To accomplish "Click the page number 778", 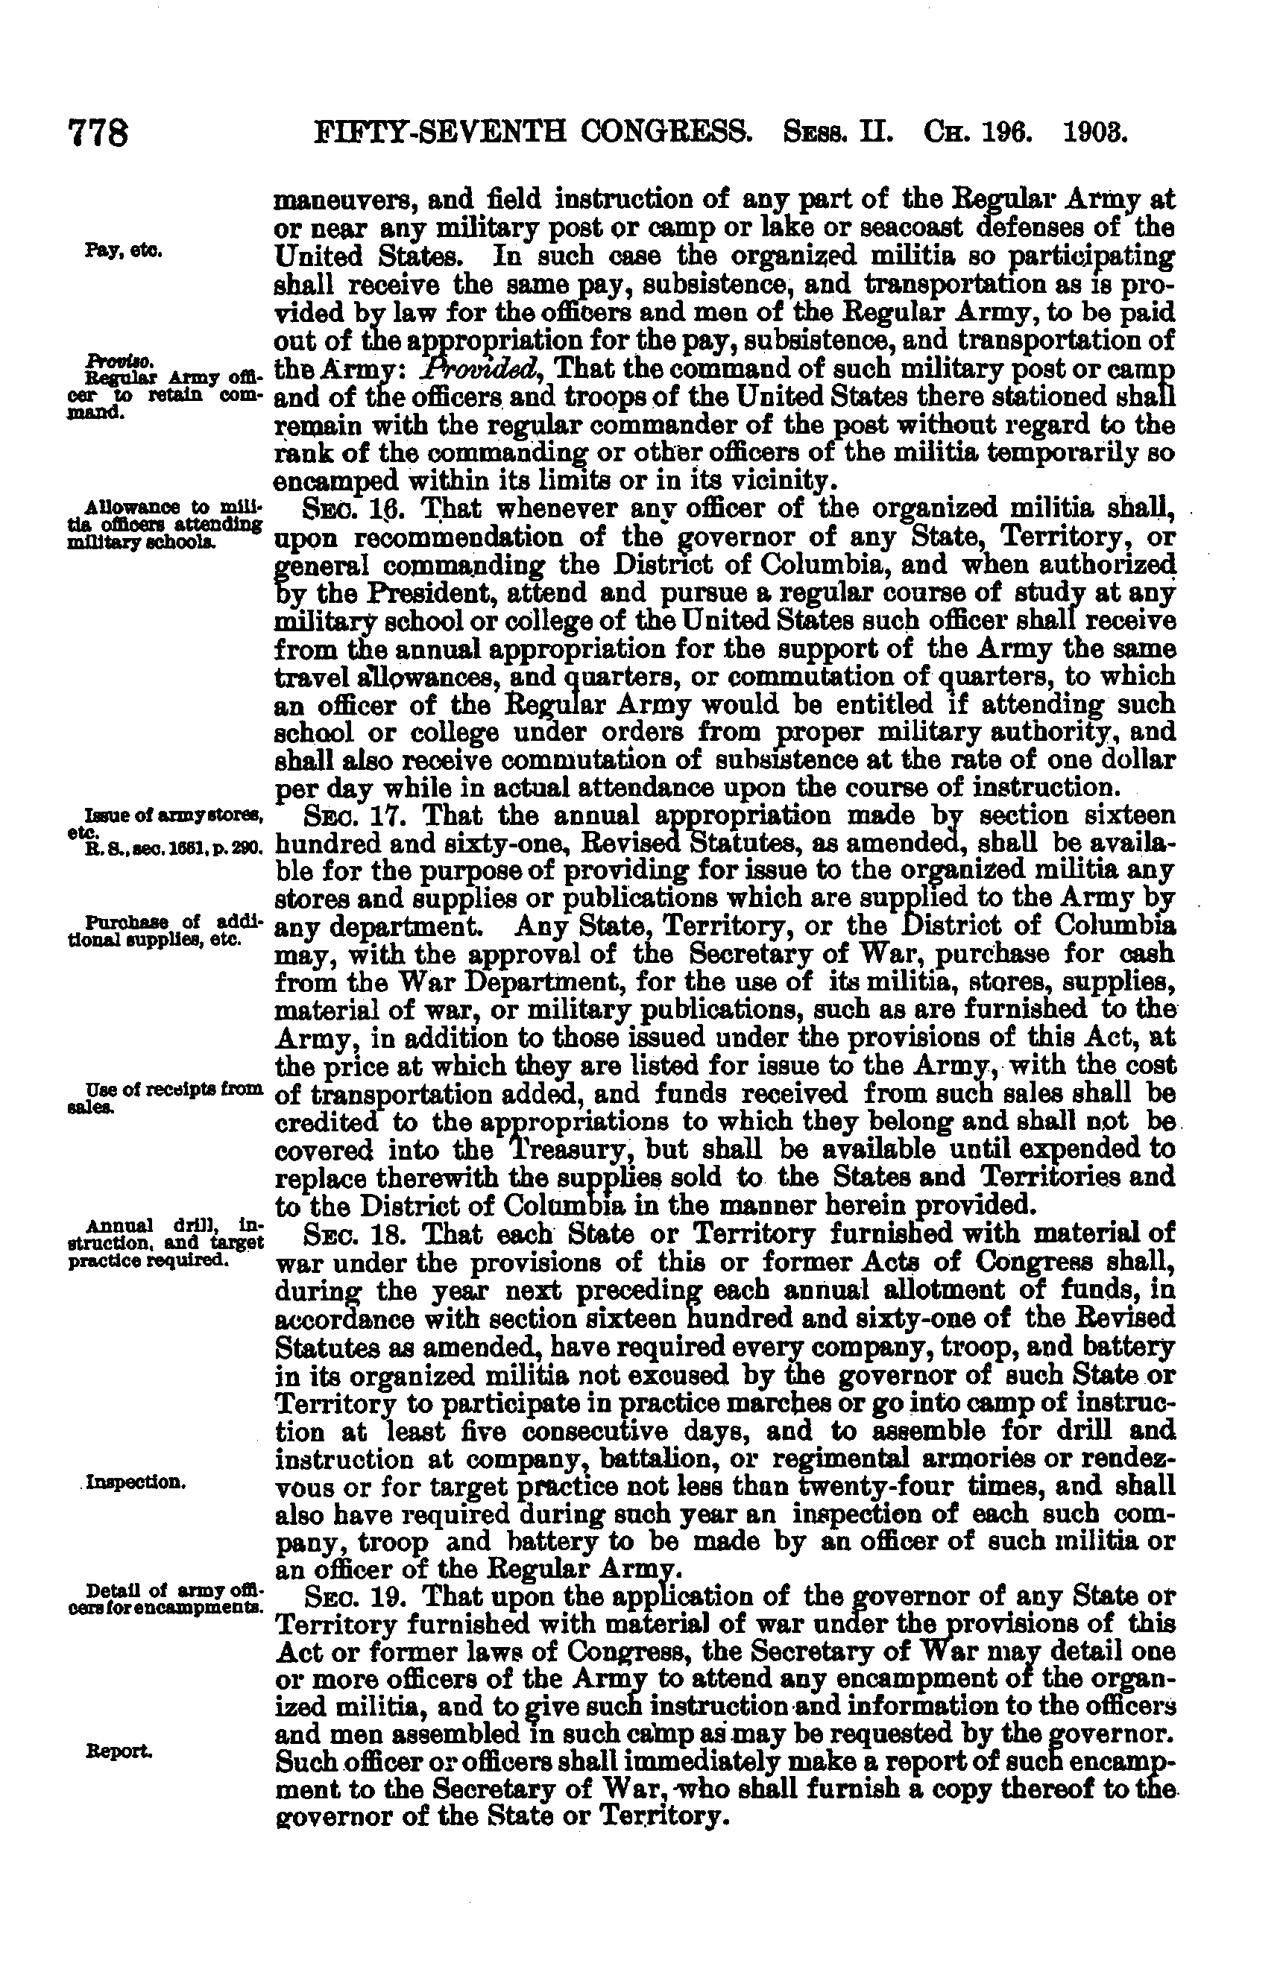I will tap(98, 132).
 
